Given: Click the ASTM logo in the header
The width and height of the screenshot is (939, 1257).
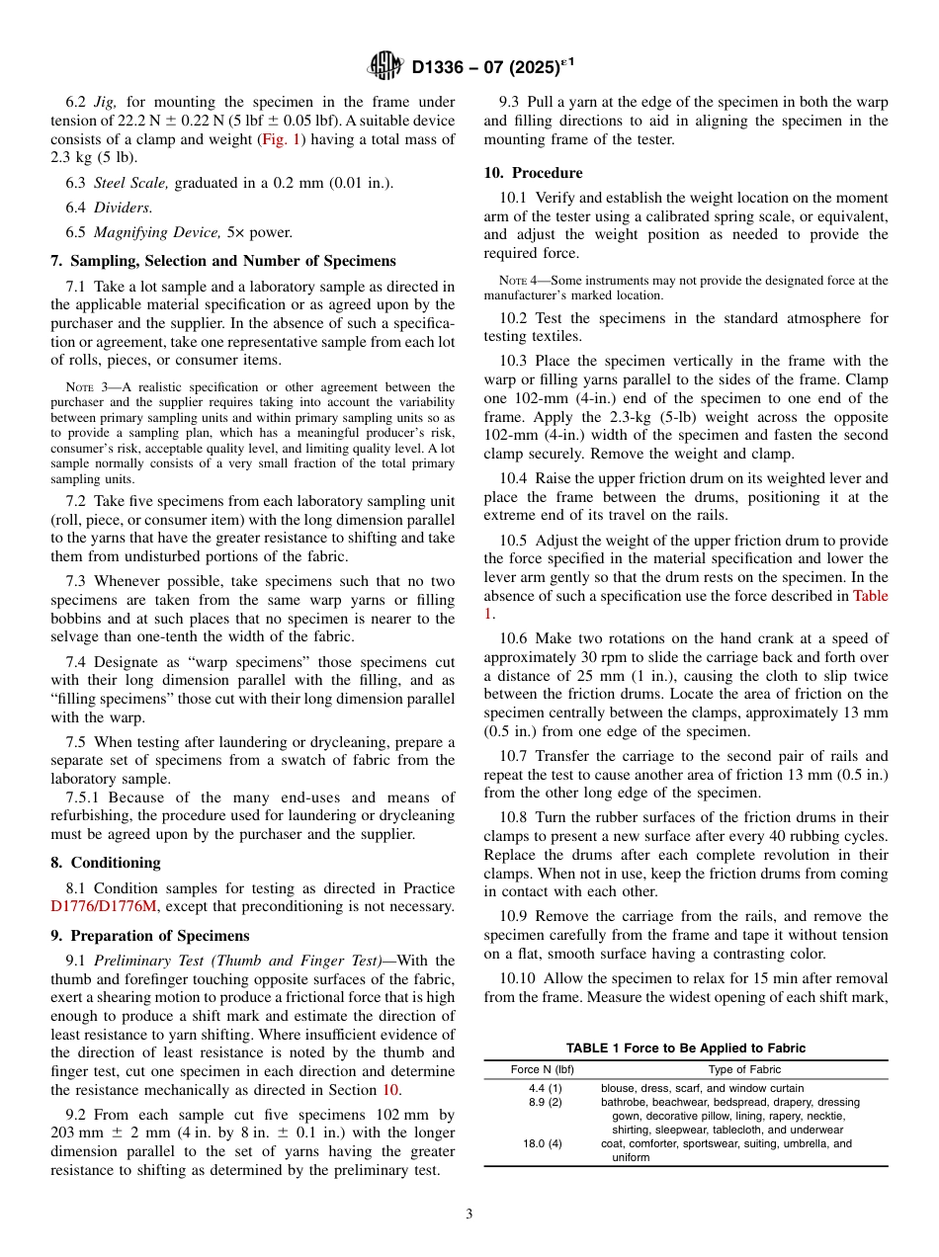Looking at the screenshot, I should click(x=385, y=67).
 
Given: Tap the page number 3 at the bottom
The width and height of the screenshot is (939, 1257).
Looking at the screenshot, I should click(x=469, y=1215).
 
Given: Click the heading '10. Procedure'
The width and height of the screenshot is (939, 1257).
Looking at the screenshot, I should click(x=533, y=172).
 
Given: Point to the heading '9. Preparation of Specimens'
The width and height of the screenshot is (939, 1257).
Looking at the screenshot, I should click(x=150, y=935).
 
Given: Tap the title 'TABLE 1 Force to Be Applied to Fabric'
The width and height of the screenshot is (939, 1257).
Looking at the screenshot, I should click(x=685, y=1048).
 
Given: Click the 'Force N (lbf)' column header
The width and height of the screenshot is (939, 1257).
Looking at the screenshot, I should click(x=543, y=1069).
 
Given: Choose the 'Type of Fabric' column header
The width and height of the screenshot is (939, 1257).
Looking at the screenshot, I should click(x=744, y=1069).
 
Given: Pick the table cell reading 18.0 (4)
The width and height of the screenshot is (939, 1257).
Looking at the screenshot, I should click(x=545, y=1143).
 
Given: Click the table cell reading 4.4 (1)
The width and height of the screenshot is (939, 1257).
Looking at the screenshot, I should click(x=545, y=1088).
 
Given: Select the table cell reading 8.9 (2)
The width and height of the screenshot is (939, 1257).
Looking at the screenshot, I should click(x=545, y=1102).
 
